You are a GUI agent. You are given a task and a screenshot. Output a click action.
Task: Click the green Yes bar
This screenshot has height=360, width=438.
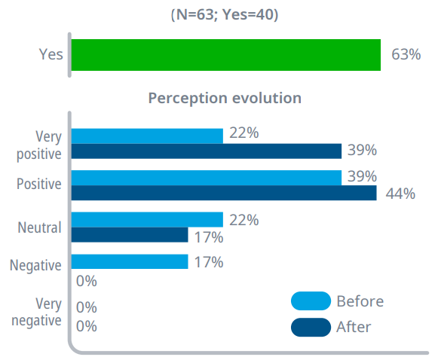(x=226, y=55)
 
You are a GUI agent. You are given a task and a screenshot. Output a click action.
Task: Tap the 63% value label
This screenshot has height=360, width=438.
(x=406, y=54)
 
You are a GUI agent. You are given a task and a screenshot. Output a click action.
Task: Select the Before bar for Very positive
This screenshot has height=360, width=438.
(x=147, y=136)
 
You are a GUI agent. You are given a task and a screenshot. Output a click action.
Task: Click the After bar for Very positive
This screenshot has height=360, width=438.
(x=207, y=151)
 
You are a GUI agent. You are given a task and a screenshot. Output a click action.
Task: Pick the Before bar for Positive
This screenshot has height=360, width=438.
(x=207, y=178)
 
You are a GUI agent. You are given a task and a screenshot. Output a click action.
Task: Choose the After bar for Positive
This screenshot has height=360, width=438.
(x=224, y=193)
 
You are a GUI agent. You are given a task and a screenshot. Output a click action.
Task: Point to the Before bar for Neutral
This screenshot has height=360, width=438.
(x=147, y=220)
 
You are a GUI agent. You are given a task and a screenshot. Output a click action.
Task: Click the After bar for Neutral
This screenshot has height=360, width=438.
(x=130, y=235)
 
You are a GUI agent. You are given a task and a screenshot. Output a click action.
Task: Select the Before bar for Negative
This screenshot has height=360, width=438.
(x=130, y=261)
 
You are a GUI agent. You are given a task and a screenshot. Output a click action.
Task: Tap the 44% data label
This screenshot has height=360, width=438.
(x=400, y=194)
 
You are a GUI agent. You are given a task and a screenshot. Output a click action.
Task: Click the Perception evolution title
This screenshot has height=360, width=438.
(x=225, y=98)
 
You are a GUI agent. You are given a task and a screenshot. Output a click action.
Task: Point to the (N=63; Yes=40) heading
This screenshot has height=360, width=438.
(x=225, y=14)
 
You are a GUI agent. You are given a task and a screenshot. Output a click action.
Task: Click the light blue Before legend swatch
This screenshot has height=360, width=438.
(x=311, y=301)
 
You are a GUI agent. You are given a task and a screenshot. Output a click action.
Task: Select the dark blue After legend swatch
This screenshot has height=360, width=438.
(x=311, y=328)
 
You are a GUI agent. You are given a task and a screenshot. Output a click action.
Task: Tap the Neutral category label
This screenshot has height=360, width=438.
(x=40, y=227)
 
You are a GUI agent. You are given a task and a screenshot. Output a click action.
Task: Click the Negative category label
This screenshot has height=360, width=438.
(x=35, y=265)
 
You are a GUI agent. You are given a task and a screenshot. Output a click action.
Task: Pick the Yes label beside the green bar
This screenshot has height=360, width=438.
(x=51, y=54)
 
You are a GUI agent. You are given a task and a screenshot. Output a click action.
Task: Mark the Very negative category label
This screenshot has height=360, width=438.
(x=36, y=312)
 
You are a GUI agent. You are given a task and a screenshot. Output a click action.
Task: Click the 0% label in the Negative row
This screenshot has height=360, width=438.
(x=86, y=281)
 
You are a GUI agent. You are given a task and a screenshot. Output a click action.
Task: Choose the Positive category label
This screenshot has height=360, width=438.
(x=39, y=184)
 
